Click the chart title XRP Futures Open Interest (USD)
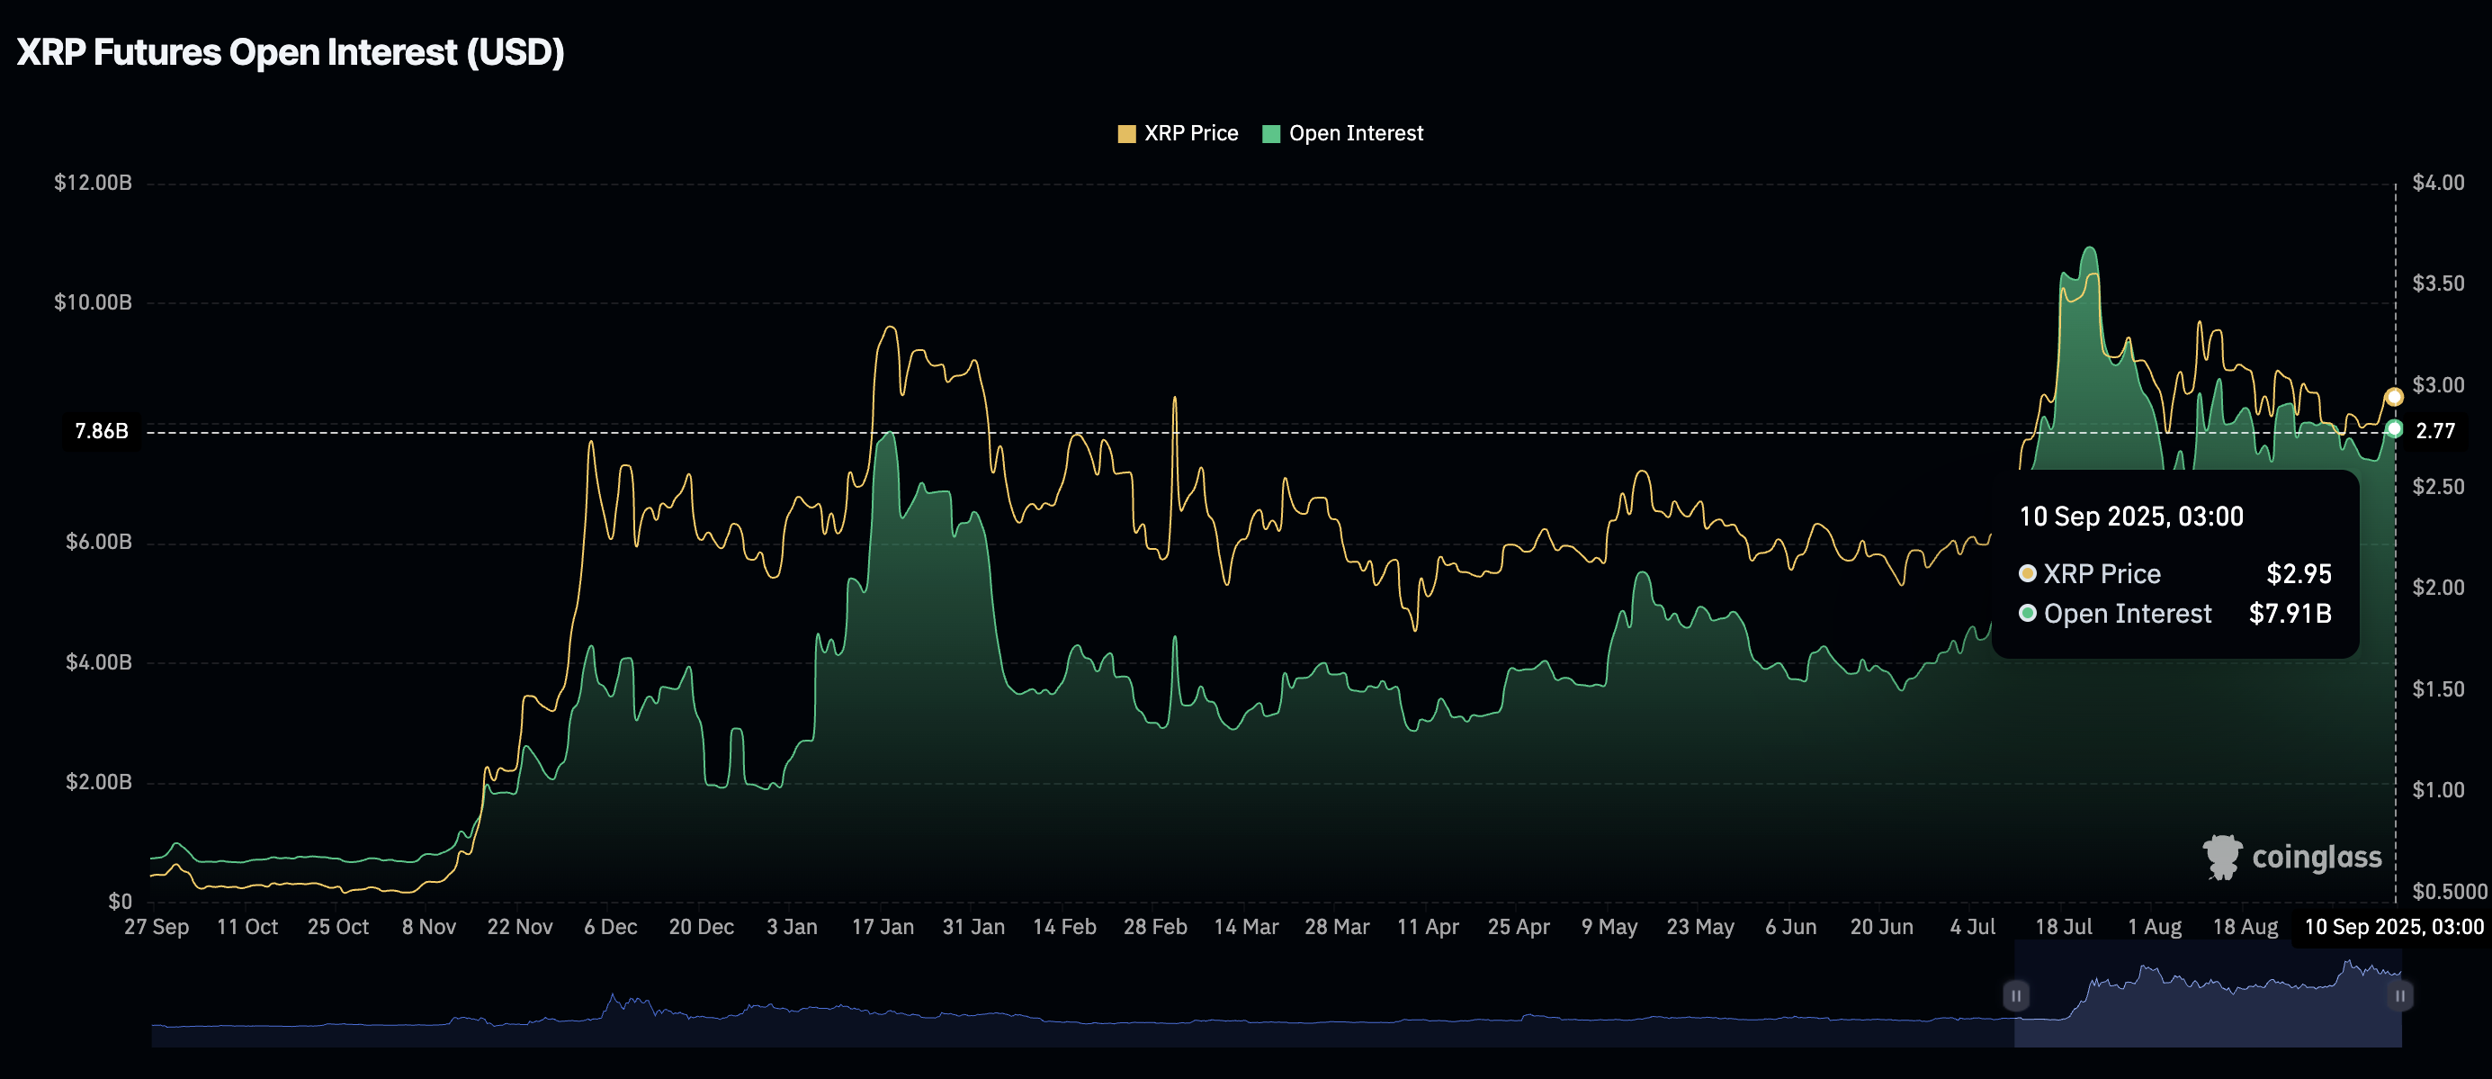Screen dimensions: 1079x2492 [x=291, y=52]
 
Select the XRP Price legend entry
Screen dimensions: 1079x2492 [x=1178, y=133]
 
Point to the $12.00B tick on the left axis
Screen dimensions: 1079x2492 [x=93, y=183]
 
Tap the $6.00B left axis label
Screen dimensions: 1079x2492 [x=99, y=542]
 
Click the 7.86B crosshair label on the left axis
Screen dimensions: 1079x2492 [x=102, y=432]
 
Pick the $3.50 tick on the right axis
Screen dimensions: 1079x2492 [x=2438, y=283]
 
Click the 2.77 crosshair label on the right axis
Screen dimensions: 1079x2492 [x=2435, y=432]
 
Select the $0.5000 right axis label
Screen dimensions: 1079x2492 [x=2450, y=891]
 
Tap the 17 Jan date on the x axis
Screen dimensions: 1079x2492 [x=883, y=927]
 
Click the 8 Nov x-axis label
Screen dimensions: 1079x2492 [x=428, y=927]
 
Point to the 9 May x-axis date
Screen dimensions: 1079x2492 [x=1609, y=927]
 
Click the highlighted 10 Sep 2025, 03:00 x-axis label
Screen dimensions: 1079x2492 [x=2393, y=927]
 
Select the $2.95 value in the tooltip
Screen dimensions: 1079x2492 [x=2299, y=574]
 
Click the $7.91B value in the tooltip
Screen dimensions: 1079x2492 [x=2290, y=614]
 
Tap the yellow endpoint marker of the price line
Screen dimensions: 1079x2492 [x=2394, y=397]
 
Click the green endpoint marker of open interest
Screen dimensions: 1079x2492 [x=2394, y=428]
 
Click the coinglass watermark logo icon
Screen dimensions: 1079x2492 [x=2222, y=857]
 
